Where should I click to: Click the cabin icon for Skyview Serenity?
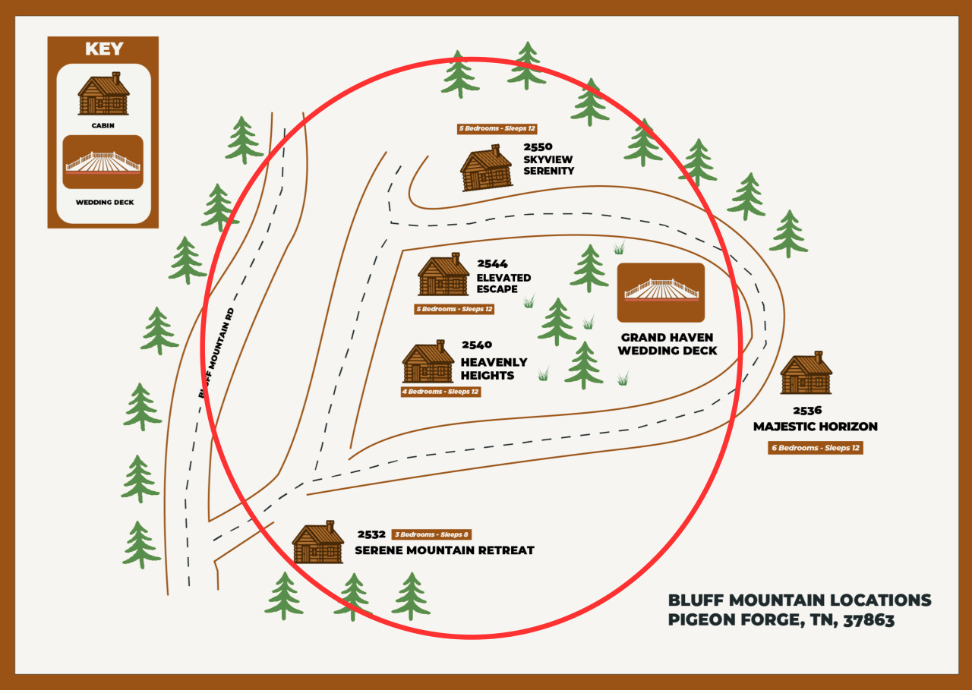tap(486, 168)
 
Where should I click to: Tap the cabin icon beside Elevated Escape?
tap(443, 275)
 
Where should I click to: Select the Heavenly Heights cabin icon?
tap(428, 361)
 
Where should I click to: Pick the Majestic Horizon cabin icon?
tap(806, 373)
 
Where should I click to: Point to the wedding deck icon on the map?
tap(661, 291)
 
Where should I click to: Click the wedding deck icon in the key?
tap(103, 162)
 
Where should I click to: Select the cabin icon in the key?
tap(103, 94)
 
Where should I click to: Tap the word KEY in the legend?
tap(103, 49)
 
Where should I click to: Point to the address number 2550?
tap(538, 147)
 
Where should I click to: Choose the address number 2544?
tap(492, 264)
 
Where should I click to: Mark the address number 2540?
tap(477, 345)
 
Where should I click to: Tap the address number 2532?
tap(371, 534)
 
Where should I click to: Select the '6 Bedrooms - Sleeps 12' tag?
tap(816, 448)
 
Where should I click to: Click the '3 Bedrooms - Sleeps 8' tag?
tap(431, 534)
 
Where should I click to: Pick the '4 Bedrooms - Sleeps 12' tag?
tap(440, 392)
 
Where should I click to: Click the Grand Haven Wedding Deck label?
tap(667, 344)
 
